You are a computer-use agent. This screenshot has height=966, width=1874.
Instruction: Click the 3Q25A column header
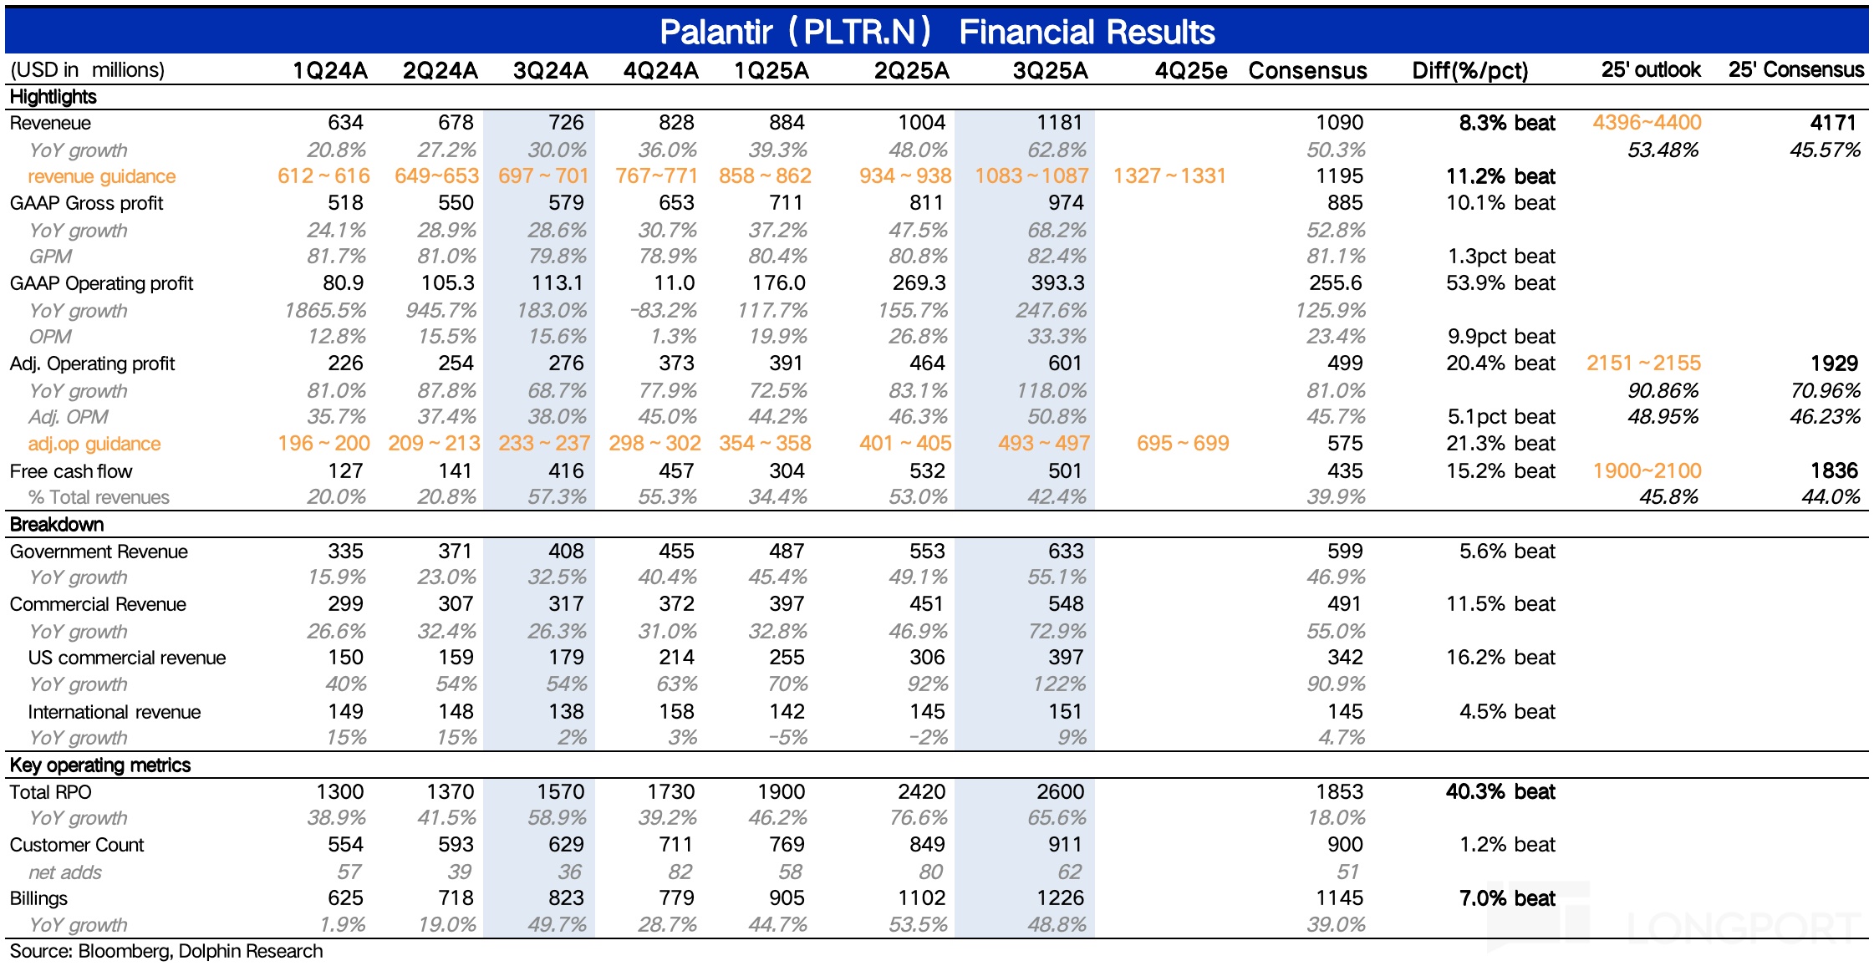click(x=1050, y=70)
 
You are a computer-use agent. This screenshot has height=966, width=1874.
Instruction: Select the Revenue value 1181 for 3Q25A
click(x=1059, y=123)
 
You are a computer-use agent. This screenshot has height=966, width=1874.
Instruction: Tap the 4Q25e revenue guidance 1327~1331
click(x=1169, y=176)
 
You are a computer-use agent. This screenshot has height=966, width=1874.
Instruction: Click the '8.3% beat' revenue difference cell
click(x=1506, y=123)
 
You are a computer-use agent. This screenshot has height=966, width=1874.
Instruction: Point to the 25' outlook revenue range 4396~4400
click(x=1646, y=123)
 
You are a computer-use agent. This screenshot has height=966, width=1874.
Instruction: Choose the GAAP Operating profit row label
click(x=101, y=283)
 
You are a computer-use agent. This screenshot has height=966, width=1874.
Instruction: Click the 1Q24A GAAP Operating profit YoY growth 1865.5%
click(x=325, y=311)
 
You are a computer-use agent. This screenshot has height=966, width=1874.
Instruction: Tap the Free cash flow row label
click(x=71, y=471)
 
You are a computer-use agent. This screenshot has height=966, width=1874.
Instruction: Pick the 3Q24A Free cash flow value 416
click(x=566, y=471)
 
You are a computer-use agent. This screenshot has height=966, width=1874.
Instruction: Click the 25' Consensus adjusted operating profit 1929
click(x=1834, y=364)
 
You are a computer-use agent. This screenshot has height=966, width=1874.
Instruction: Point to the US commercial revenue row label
click(x=126, y=658)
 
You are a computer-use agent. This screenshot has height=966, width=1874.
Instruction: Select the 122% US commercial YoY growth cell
click(x=1059, y=684)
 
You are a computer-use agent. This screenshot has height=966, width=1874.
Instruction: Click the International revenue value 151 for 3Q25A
click(x=1065, y=711)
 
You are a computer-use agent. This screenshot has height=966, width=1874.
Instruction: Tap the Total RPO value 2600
click(x=1059, y=791)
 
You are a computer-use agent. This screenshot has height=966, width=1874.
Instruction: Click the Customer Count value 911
click(x=1065, y=845)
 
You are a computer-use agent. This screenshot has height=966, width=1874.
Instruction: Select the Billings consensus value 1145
click(x=1339, y=898)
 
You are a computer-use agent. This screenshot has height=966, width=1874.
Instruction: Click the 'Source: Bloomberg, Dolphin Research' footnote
click(x=166, y=951)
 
